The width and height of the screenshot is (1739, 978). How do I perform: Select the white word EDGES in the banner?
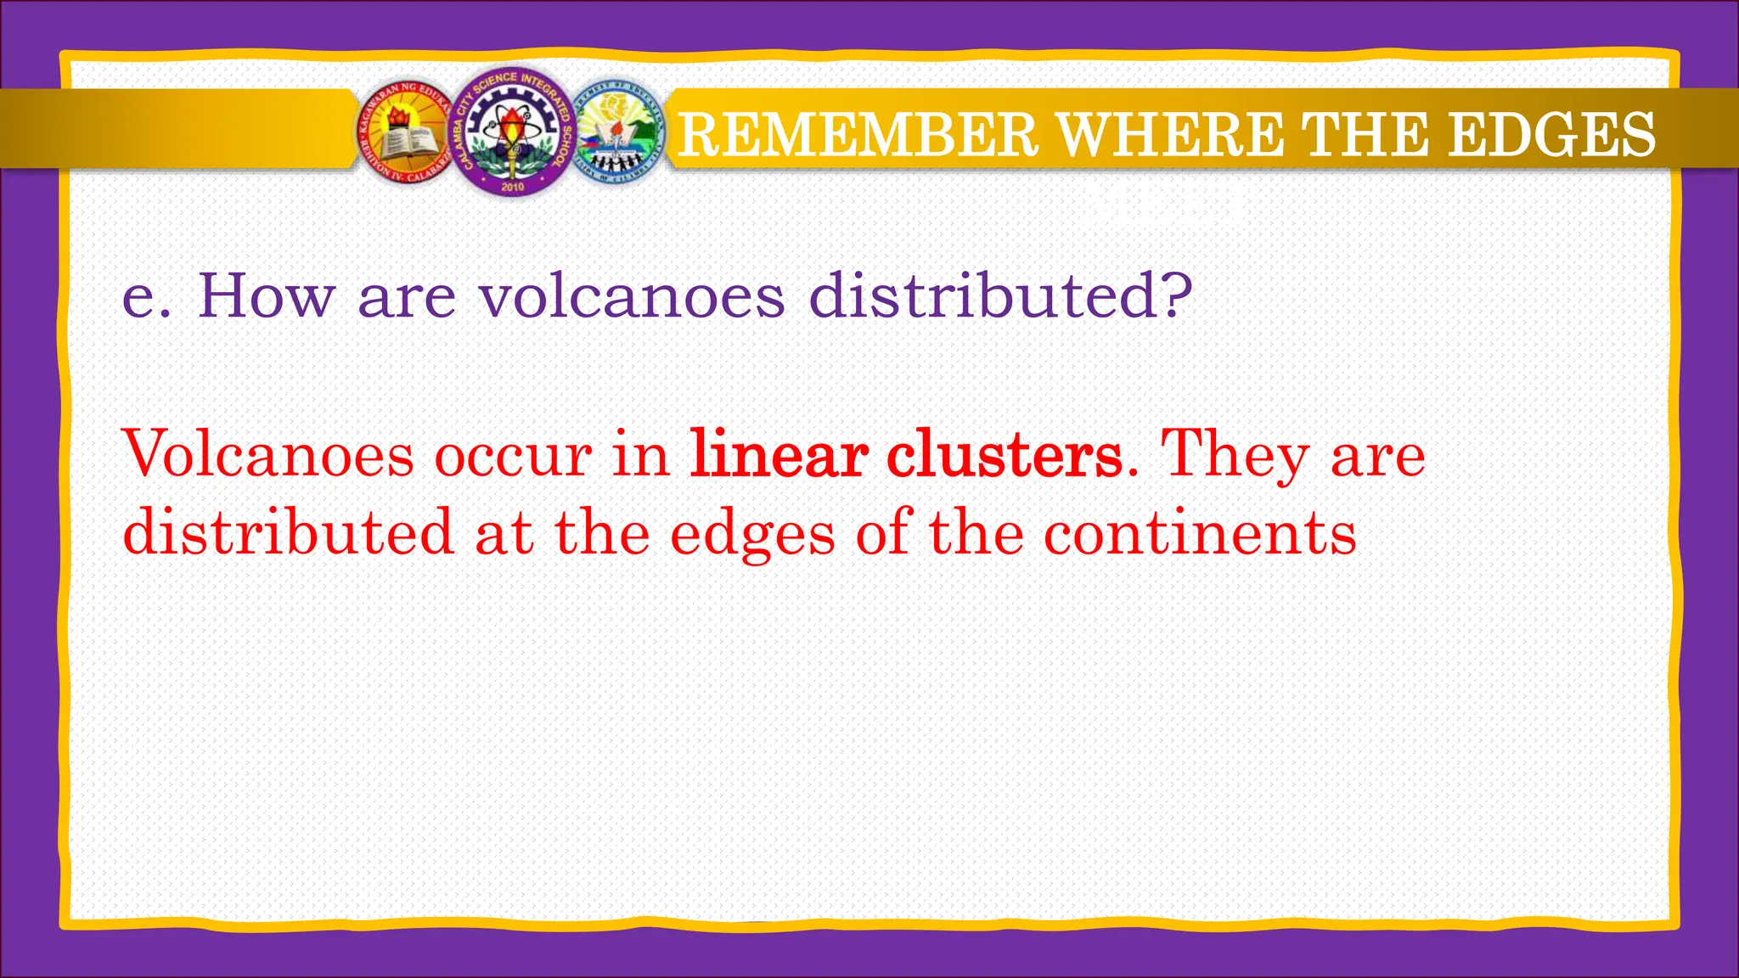(x=1551, y=134)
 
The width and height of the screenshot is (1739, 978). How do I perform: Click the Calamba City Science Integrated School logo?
(x=512, y=132)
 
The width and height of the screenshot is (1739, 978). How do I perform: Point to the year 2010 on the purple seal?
(x=513, y=186)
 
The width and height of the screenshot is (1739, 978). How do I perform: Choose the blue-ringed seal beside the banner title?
(x=616, y=134)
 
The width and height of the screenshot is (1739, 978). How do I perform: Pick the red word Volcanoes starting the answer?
(x=268, y=454)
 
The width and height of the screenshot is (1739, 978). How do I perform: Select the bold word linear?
(x=779, y=454)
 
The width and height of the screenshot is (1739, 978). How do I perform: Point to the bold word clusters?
(x=1005, y=454)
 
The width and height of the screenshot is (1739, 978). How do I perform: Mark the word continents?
(x=1200, y=533)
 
